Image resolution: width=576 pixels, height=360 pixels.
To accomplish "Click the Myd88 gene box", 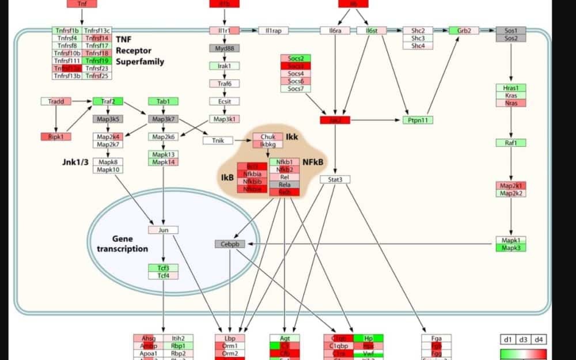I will click(x=224, y=48).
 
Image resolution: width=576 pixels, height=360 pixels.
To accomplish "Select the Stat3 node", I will click(x=335, y=180).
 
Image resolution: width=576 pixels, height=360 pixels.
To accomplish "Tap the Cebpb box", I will click(x=230, y=244).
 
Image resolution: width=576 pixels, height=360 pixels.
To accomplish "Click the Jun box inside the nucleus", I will click(x=163, y=230).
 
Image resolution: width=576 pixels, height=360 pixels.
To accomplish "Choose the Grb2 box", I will click(x=464, y=30).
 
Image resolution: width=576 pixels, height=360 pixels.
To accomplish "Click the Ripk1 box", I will click(x=56, y=137).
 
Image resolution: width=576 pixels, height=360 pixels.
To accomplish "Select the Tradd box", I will click(x=56, y=101).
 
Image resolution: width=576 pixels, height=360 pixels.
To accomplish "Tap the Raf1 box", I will click(x=511, y=142).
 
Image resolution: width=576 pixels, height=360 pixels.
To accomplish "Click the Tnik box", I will click(x=218, y=140).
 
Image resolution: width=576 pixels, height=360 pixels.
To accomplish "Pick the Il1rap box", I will click(x=273, y=31).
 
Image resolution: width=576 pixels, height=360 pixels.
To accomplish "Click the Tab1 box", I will click(x=163, y=101).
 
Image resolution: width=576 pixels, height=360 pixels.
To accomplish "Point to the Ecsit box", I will click(x=224, y=101).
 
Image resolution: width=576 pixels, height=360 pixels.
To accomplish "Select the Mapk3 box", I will click(x=511, y=248).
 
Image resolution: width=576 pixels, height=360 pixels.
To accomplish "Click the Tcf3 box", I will click(x=163, y=268).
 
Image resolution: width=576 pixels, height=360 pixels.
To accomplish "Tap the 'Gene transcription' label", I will click(x=122, y=244).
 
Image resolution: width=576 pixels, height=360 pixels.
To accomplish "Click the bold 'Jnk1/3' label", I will click(x=74, y=162).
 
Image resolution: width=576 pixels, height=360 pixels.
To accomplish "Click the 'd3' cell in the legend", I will click(x=523, y=340).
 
